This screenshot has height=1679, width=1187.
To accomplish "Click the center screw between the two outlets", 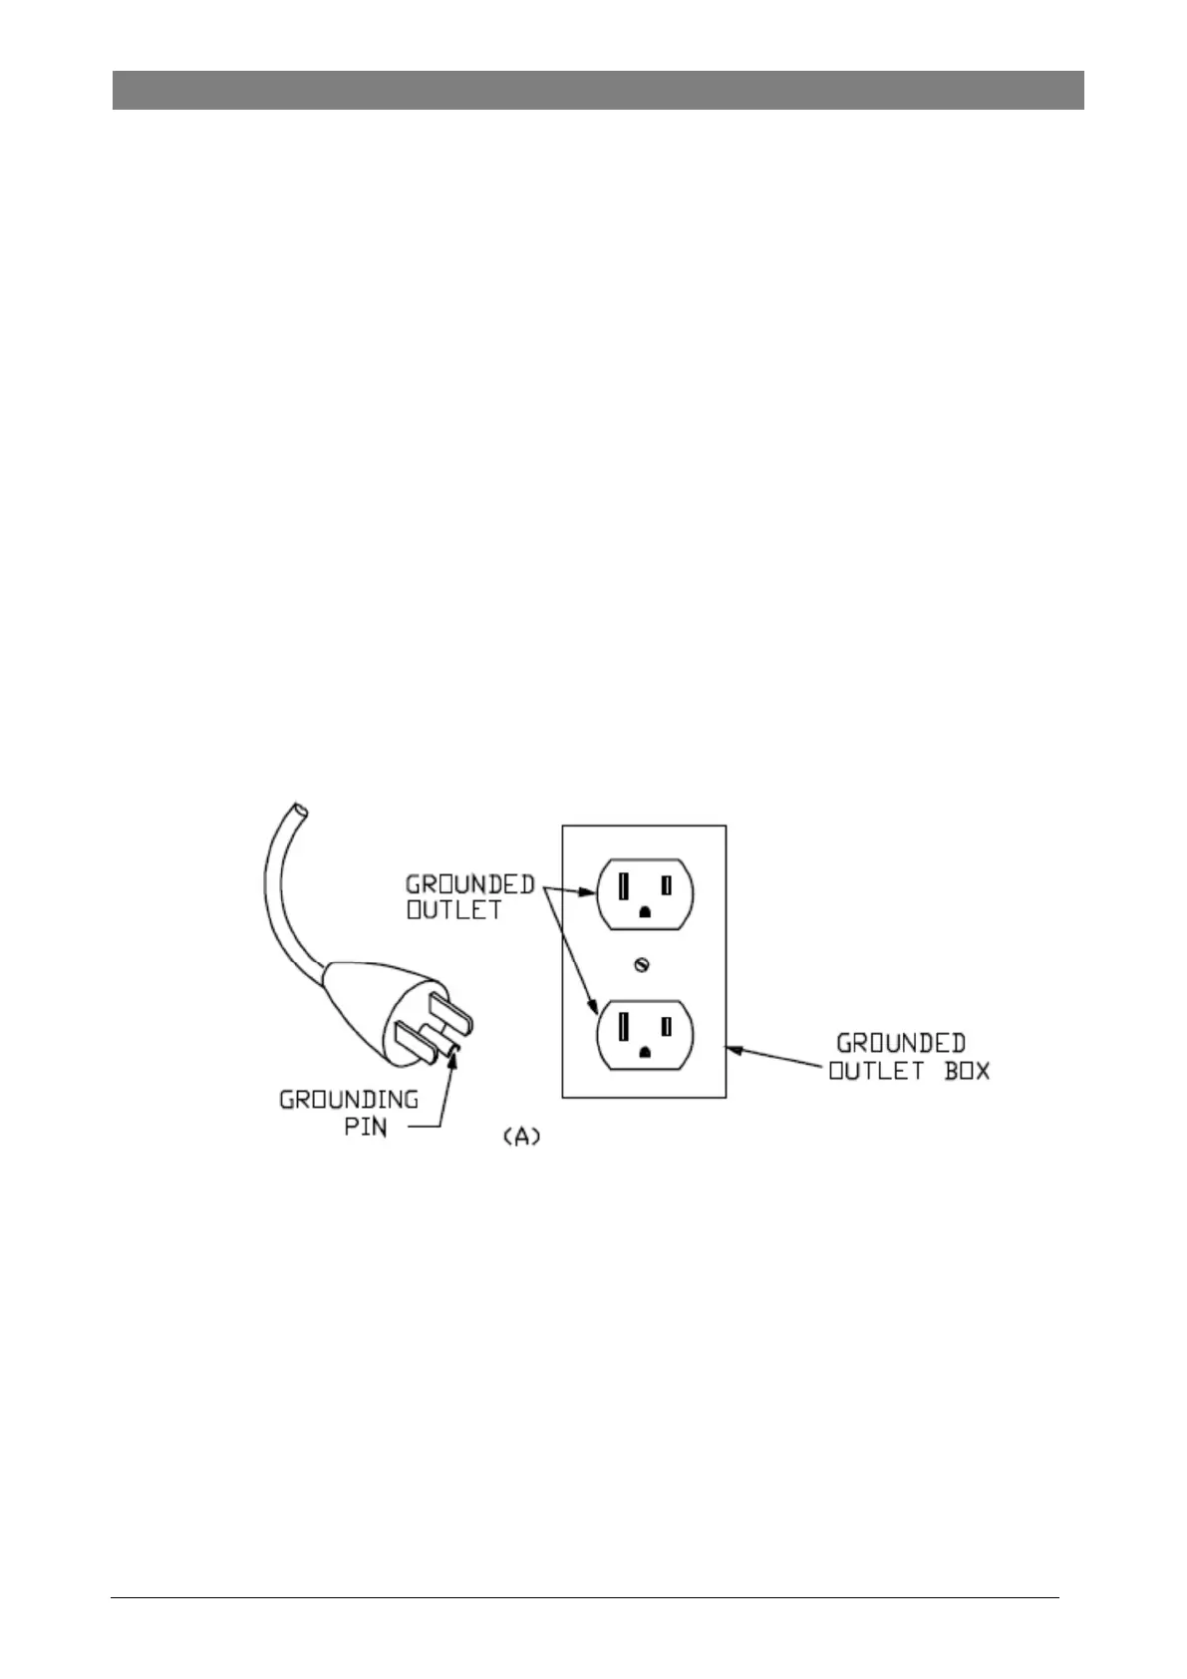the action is click(x=643, y=965).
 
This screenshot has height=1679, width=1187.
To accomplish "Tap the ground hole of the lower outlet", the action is click(x=645, y=1053).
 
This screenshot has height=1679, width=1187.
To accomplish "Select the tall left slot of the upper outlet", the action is click(x=623, y=885).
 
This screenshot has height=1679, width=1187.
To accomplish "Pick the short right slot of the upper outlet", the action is click(x=667, y=885).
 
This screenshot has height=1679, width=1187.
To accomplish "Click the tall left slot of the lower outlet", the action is click(x=623, y=1026).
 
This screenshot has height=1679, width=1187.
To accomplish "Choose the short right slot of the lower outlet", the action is click(x=667, y=1026).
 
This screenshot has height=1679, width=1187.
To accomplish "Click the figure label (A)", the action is click(x=520, y=1137).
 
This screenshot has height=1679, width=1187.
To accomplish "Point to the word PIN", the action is click(x=365, y=1128).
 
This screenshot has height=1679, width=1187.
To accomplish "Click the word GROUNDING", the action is click(x=348, y=1101).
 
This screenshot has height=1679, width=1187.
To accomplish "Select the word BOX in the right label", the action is click(x=966, y=1073).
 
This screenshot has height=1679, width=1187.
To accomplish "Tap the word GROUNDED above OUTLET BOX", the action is click(x=901, y=1044).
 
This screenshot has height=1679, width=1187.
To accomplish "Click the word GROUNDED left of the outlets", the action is click(x=469, y=884).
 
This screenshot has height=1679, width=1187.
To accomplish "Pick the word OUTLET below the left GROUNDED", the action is click(x=453, y=910).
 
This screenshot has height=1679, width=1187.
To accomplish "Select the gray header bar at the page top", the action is click(x=597, y=90).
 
